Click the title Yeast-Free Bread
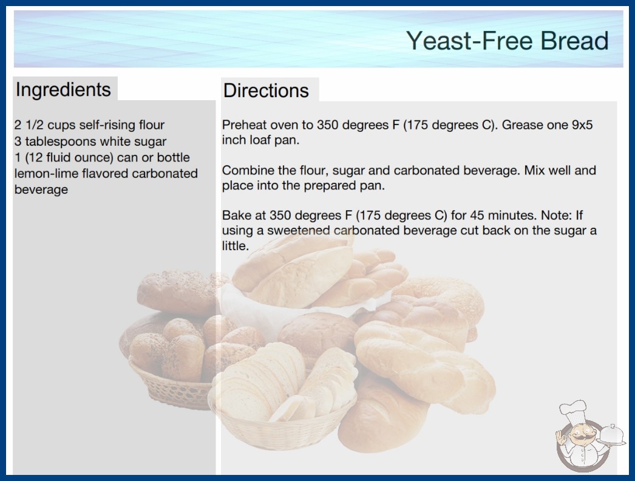(x=508, y=41)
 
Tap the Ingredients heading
(x=63, y=90)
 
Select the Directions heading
(x=266, y=90)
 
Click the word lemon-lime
(x=47, y=174)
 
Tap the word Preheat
(x=244, y=125)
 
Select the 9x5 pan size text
(x=582, y=125)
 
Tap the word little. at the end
(x=236, y=245)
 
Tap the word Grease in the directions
(x=523, y=125)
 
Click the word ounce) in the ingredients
(x=94, y=157)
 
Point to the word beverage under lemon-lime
(x=41, y=189)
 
